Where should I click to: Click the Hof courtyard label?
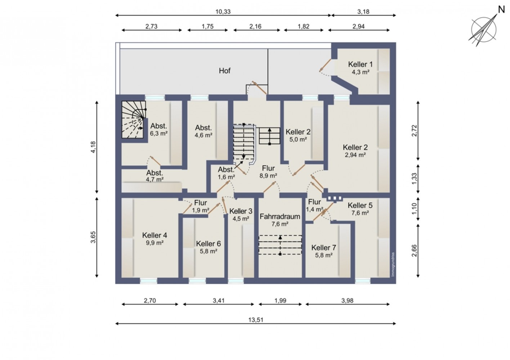pyautogui.click(x=224, y=71)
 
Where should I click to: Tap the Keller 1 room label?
pyautogui.click(x=361, y=64)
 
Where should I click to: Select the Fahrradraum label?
pyautogui.click(x=280, y=216)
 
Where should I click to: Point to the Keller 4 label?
pyautogui.click(x=155, y=235)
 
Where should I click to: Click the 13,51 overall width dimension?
pyautogui.click(x=256, y=320)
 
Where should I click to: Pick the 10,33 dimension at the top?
pyautogui.click(x=223, y=12)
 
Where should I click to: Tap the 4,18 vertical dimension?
pyautogui.click(x=93, y=147)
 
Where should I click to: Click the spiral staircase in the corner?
pyautogui.click(x=133, y=120)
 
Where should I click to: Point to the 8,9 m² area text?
pyautogui.click(x=268, y=176)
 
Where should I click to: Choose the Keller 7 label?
pyautogui.click(x=324, y=248)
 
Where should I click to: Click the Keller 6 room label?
pyautogui.click(x=208, y=244)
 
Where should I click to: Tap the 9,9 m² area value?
pyautogui.click(x=155, y=243)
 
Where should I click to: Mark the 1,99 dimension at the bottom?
pyautogui.click(x=280, y=301)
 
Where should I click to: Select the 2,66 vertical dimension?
pyautogui.click(x=414, y=251)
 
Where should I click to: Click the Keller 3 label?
pyautogui.click(x=241, y=211)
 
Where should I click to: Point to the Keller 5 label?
pyautogui.click(x=360, y=206)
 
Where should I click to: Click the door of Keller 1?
pyautogui.click(x=326, y=65)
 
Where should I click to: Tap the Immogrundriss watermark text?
pyautogui.click(x=393, y=265)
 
